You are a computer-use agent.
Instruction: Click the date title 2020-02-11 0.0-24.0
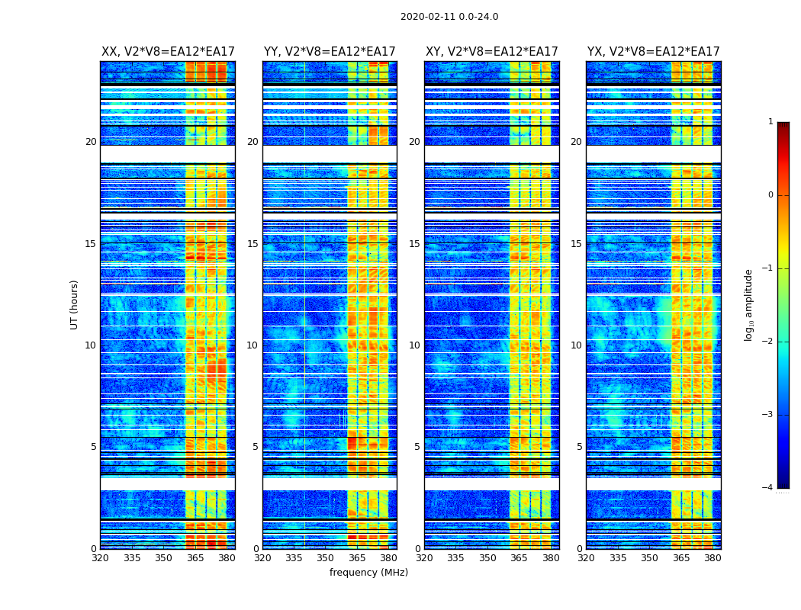449,17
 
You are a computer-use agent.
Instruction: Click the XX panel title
168,52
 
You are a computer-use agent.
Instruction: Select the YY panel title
330,52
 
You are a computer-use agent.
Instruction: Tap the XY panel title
492,52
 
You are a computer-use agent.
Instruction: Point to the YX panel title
654,52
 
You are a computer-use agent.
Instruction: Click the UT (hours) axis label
75,304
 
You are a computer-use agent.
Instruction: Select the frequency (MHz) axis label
368,573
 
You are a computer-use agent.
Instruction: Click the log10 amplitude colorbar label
748,304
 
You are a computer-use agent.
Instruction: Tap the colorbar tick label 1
770,122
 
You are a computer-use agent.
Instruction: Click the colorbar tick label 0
770,195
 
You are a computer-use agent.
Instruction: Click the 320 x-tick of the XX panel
100,558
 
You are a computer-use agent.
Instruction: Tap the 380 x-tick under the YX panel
713,558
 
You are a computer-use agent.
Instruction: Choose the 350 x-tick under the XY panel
487,558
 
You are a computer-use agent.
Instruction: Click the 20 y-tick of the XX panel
91,142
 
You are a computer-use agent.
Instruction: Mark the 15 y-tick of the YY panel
253,244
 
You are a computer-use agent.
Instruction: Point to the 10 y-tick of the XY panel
414,345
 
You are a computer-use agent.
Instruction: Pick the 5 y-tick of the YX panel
579,447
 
